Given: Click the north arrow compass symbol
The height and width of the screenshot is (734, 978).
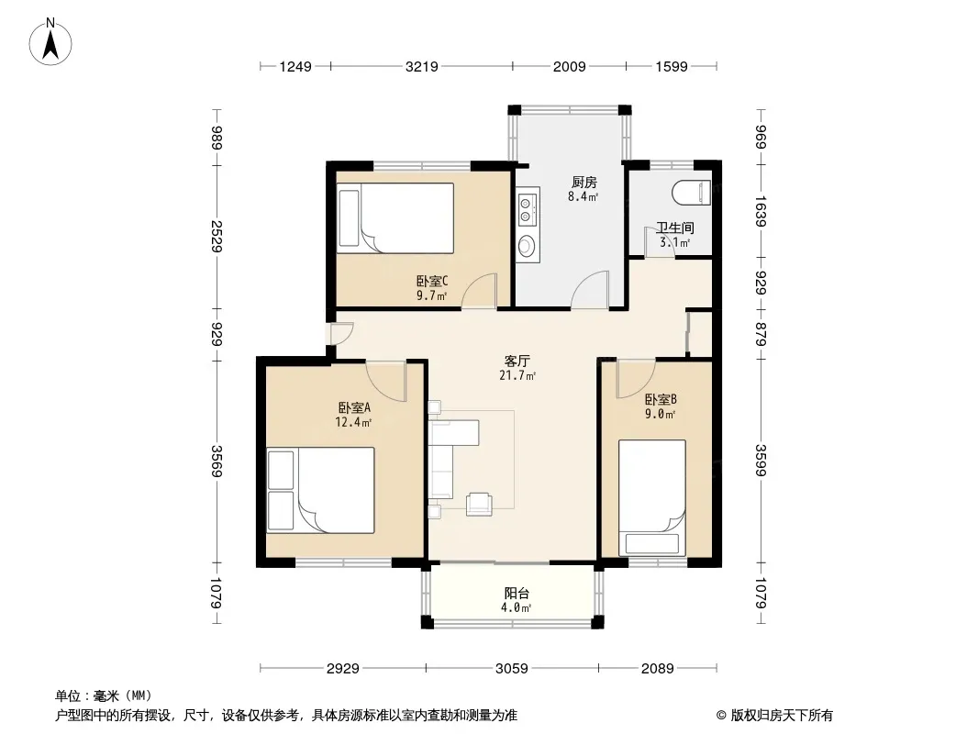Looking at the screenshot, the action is (x=50, y=42).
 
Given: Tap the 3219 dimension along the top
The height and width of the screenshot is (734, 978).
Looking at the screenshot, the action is (x=422, y=66).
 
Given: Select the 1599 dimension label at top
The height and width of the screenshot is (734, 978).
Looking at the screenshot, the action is (x=672, y=66).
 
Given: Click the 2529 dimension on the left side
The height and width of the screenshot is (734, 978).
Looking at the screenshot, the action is (x=217, y=237).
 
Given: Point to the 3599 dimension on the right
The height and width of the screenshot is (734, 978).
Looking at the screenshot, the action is (x=761, y=460).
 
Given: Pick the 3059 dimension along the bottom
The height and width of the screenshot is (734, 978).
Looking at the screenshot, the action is (x=511, y=669).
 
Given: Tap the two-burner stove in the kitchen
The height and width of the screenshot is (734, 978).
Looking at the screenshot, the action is (x=527, y=210).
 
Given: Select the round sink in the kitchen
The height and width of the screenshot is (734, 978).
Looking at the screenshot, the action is (x=527, y=246).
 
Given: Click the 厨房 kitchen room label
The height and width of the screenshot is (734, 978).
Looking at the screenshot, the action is (x=583, y=182).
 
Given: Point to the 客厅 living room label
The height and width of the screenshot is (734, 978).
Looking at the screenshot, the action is (x=517, y=361).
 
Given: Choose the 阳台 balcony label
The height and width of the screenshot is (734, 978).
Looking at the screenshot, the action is (x=517, y=593).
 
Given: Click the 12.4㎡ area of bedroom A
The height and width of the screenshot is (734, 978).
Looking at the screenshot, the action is (x=353, y=422).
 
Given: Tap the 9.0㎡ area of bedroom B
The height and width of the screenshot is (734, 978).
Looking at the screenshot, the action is (x=661, y=414).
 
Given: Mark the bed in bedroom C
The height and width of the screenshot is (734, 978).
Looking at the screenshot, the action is (x=395, y=217).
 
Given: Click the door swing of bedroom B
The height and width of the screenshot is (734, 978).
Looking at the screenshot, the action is (x=636, y=380).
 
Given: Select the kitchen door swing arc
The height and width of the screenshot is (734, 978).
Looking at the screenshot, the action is (x=590, y=289).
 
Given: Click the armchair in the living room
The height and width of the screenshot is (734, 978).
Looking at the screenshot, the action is (x=478, y=504).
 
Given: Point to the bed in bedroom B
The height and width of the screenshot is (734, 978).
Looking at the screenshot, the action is (x=651, y=497).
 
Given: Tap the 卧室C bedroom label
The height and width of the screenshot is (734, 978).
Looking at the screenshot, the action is (x=431, y=282).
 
